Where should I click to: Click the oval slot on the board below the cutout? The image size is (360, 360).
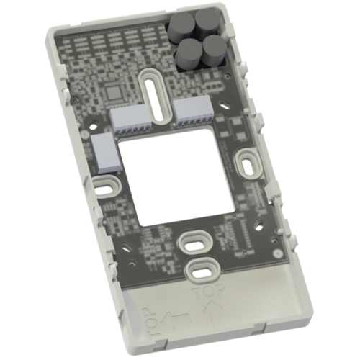click(193, 241)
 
